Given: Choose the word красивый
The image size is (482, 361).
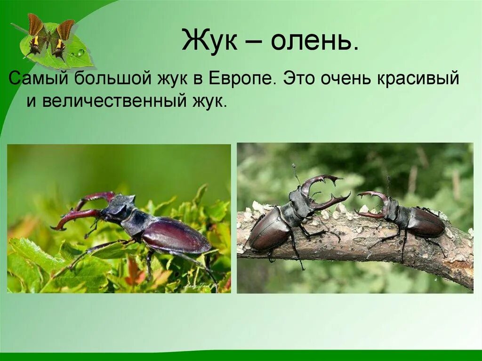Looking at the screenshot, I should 417,79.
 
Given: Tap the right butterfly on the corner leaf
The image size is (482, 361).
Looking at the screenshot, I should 62,39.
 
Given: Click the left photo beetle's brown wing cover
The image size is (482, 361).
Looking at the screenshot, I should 177,235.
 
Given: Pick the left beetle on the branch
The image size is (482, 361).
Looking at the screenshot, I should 278,221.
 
